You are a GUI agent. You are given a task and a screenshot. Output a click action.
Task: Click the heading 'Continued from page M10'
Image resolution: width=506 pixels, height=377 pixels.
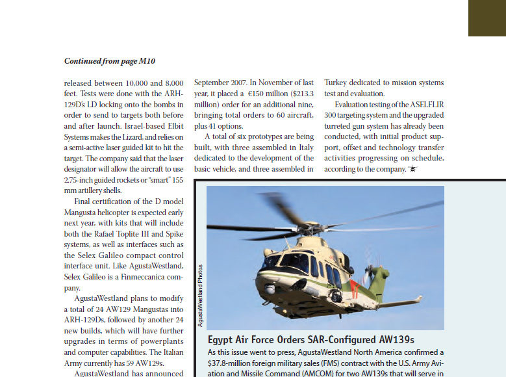pos(110,61)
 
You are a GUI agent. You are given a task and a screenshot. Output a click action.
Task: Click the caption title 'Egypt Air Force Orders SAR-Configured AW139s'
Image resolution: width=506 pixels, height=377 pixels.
pos(310,340)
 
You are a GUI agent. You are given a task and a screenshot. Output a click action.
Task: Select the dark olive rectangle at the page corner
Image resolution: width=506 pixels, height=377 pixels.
pos(487,18)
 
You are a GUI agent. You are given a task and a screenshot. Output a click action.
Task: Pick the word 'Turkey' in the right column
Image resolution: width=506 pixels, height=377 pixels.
pos(338,83)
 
